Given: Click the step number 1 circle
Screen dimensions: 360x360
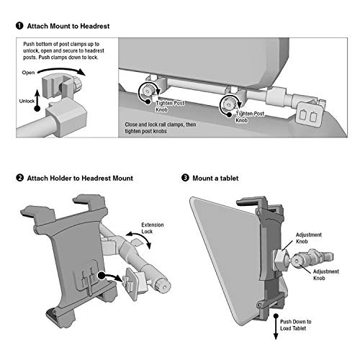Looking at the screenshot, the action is [19, 26].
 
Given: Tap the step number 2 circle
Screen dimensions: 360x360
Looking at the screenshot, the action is [19, 178].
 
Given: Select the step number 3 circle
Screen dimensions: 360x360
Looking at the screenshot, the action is [185, 178].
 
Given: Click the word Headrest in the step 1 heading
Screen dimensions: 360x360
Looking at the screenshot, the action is [95, 26].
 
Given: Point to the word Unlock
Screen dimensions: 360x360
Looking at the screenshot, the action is [27, 101].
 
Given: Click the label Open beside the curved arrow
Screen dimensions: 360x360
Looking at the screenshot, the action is [28, 73].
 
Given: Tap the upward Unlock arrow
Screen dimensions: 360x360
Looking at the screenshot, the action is [37, 100].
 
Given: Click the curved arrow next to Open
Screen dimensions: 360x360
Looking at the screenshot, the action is [62, 71].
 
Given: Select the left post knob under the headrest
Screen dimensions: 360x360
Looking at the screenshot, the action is [147, 91].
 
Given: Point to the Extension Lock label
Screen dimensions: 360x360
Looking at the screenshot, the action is [153, 228].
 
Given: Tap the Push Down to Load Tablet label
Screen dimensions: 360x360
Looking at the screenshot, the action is [295, 325].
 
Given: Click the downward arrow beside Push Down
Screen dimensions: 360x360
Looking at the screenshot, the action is [276, 327].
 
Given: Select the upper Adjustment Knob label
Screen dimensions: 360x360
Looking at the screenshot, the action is [309, 238].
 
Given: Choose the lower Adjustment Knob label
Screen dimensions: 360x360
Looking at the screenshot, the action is [326, 275].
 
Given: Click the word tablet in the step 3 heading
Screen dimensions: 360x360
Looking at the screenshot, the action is [230, 178].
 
